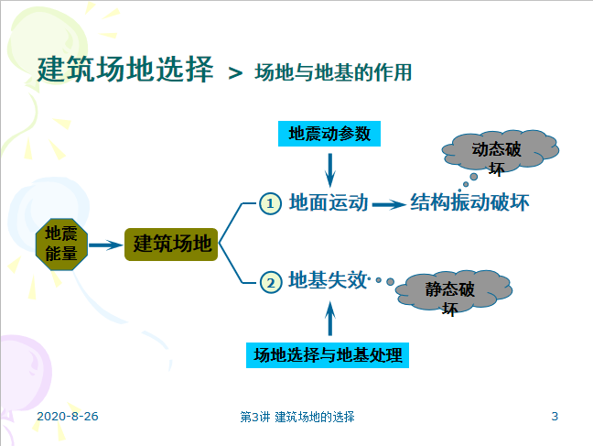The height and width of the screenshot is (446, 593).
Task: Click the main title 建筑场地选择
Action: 125,71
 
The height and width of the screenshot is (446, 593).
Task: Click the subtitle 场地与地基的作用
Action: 333,72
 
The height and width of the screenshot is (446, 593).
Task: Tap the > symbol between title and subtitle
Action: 235,73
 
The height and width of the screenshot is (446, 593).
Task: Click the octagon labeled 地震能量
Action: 61,244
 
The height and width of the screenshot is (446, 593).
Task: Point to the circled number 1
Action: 269,203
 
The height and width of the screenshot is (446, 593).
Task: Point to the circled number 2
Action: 269,282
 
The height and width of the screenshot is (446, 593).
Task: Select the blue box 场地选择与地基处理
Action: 328,354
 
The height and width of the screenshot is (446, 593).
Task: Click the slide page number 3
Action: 555,417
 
